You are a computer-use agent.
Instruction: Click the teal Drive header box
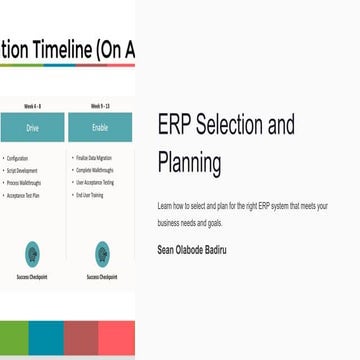click(x=32, y=127)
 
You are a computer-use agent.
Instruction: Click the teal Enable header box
click(x=99, y=127)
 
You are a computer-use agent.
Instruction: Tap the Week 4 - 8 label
click(x=32, y=104)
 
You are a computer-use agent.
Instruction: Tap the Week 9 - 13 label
click(x=99, y=104)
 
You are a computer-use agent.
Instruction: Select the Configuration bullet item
click(x=18, y=158)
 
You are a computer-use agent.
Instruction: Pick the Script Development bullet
click(x=22, y=170)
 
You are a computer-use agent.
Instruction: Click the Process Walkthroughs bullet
click(x=24, y=183)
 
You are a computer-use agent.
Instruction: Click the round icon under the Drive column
click(x=32, y=253)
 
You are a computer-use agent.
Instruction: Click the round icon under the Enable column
click(x=101, y=253)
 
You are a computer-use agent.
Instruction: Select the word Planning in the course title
click(x=189, y=162)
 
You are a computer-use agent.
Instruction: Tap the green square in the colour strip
click(x=13, y=340)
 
